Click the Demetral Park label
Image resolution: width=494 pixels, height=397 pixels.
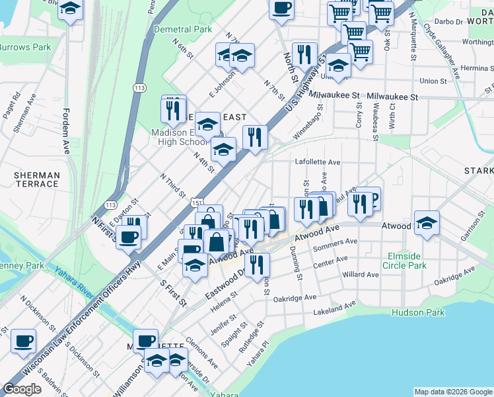click(183, 29)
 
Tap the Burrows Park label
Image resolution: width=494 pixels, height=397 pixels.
click(25, 48)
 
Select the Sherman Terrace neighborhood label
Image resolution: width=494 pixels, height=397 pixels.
click(37, 180)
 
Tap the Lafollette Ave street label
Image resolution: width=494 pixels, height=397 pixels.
click(317, 162)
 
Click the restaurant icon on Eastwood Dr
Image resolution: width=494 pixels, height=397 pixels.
click(257, 263)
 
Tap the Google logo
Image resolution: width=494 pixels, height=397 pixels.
click(22, 389)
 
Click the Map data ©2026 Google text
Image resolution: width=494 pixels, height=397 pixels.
click(452, 392)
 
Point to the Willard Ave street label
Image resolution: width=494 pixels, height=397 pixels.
click(361, 275)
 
